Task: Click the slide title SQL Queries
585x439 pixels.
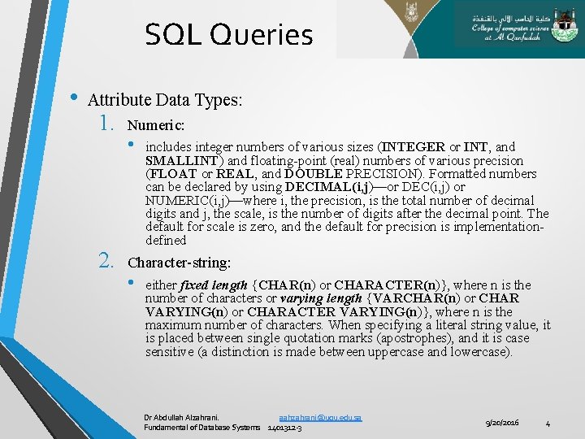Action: point(228,35)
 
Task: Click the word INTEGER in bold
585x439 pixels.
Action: point(412,147)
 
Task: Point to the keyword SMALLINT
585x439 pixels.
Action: point(183,160)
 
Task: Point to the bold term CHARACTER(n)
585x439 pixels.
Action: point(386,285)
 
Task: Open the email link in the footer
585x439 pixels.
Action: point(319,417)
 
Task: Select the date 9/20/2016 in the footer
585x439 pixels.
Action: point(503,423)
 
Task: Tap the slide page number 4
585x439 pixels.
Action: point(548,423)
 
